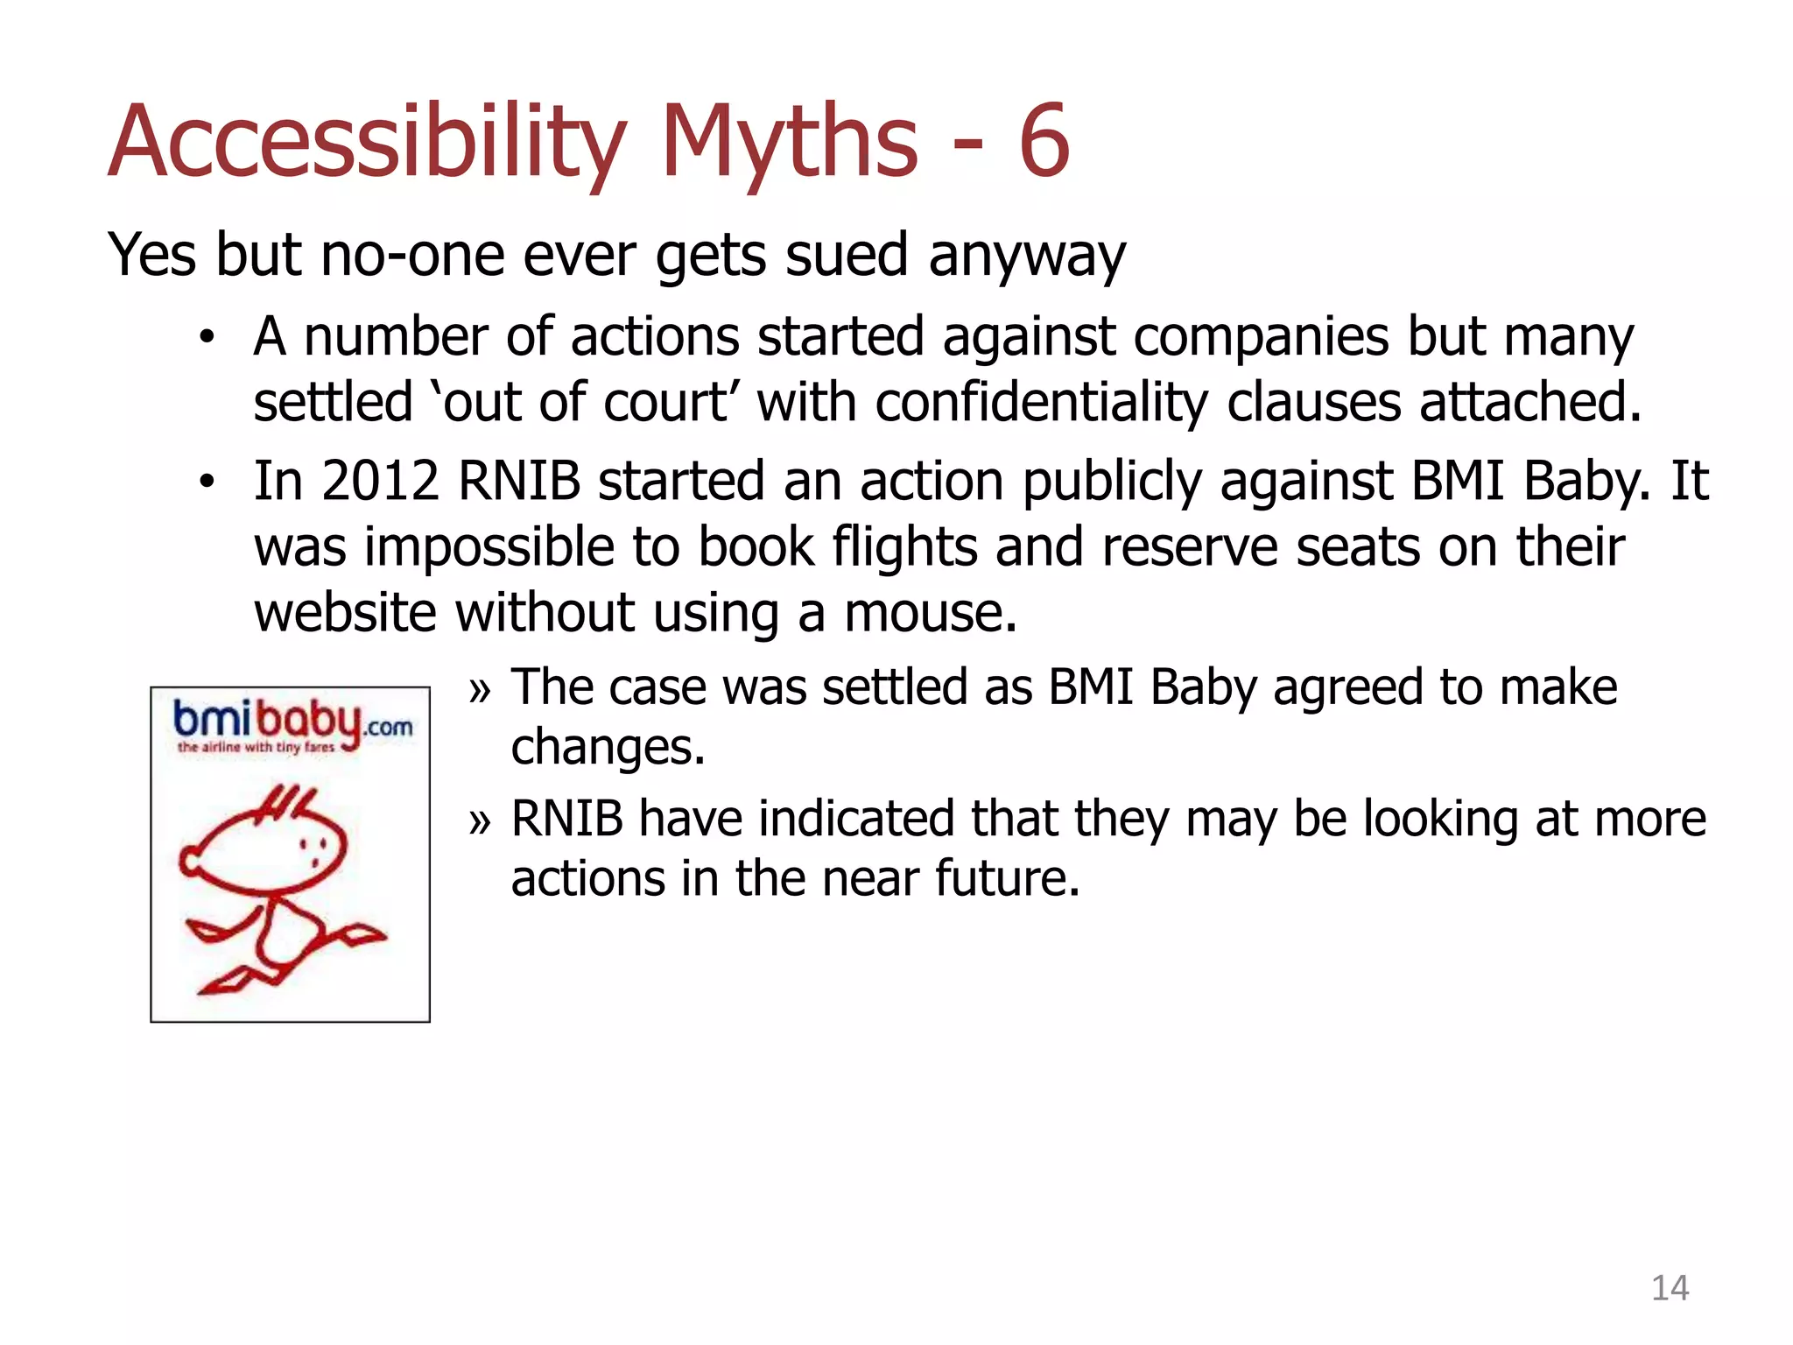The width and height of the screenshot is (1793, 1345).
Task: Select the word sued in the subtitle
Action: pyautogui.click(x=846, y=256)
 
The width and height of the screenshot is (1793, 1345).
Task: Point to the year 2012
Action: pyautogui.click(x=380, y=481)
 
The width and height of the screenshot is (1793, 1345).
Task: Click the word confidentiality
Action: pyautogui.click(x=1041, y=402)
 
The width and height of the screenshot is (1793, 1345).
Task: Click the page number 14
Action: pyautogui.click(x=1670, y=1288)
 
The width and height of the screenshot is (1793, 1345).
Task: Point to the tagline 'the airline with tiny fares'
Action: pyautogui.click(x=256, y=747)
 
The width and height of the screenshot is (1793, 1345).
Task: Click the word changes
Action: pyautogui.click(x=608, y=748)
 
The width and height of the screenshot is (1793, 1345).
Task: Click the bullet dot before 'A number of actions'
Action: pyautogui.click(x=207, y=338)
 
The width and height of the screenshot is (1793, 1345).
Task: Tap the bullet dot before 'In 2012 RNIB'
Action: pyautogui.click(x=207, y=482)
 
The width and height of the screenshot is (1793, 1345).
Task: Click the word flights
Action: pyautogui.click(x=904, y=547)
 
